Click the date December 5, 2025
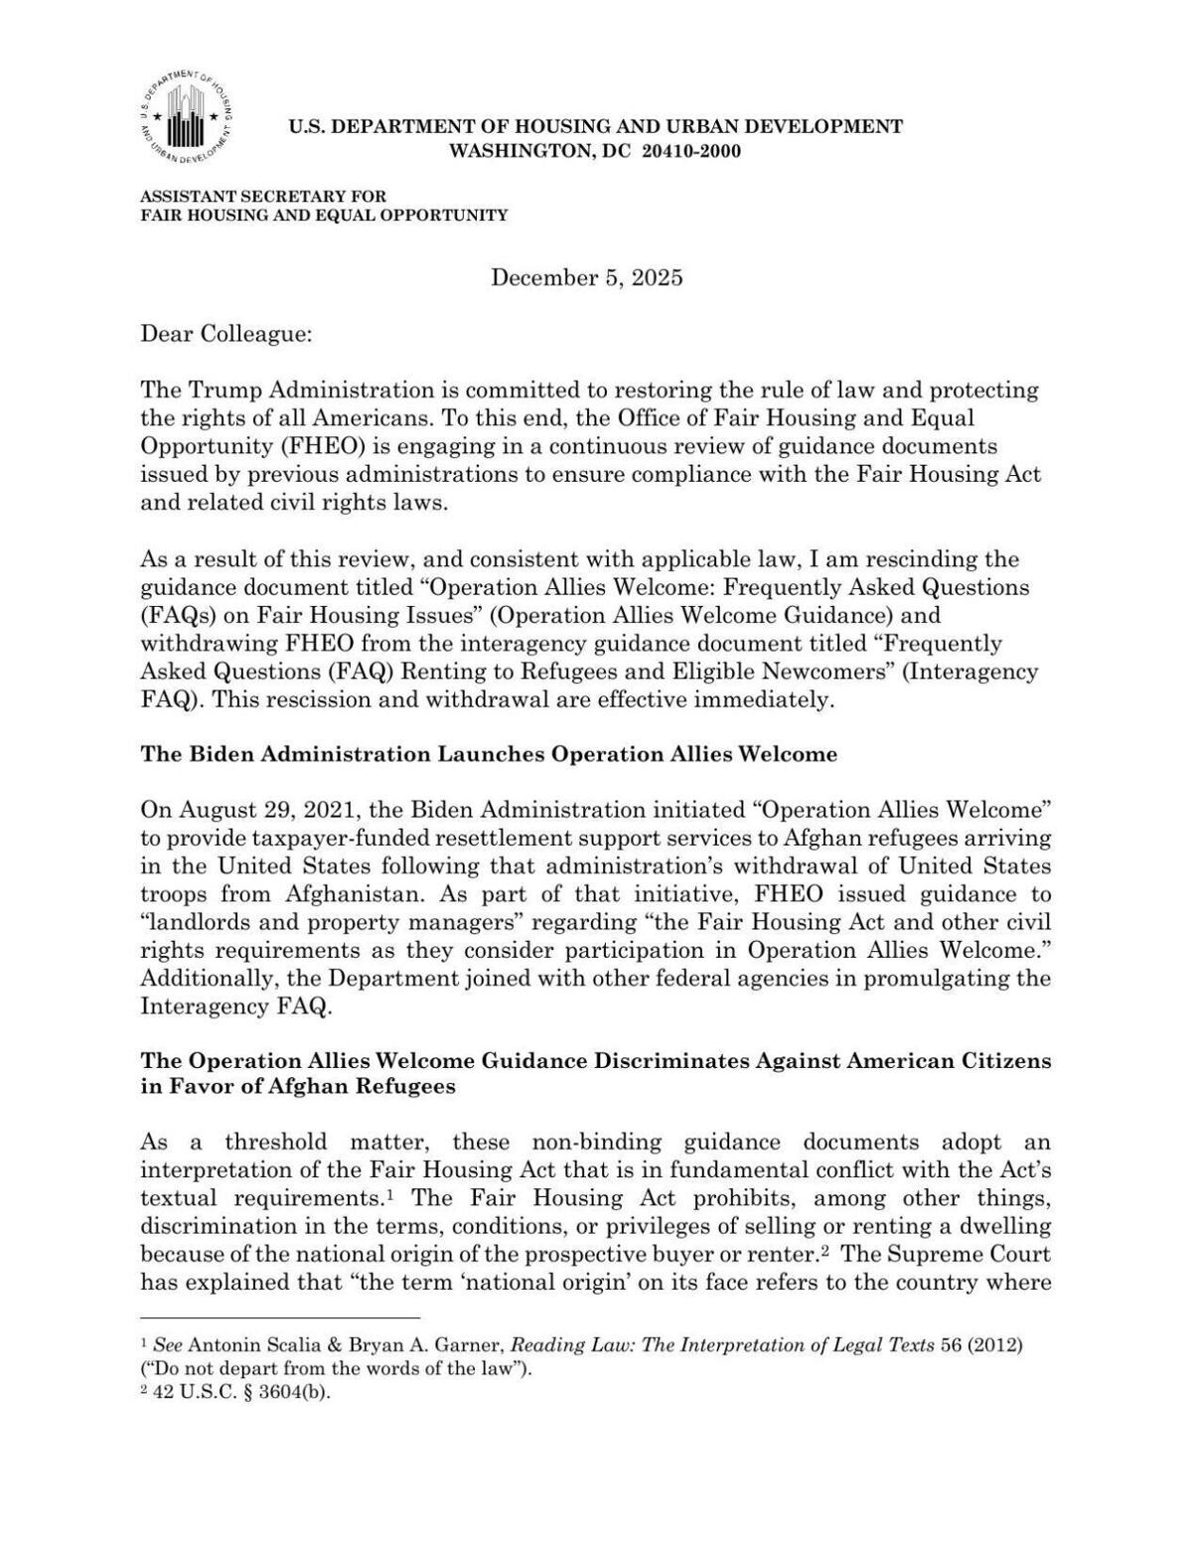tap(586, 277)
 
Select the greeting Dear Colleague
tap(225, 334)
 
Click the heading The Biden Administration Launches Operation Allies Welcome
tap(489, 754)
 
